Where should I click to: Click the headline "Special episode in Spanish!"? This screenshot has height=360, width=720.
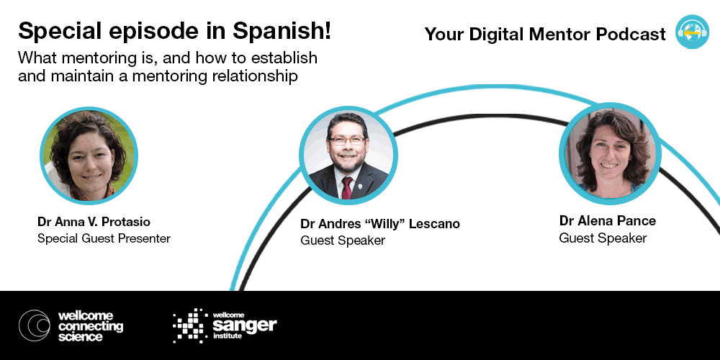[174, 32]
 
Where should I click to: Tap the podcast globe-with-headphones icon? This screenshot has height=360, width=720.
[692, 32]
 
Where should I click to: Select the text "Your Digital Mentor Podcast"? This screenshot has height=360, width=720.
[545, 35]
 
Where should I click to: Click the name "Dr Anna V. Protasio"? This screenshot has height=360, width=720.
[94, 222]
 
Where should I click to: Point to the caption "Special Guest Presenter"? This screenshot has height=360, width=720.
[104, 239]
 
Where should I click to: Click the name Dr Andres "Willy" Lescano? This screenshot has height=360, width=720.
[379, 224]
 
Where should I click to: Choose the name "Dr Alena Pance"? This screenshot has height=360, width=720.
[608, 221]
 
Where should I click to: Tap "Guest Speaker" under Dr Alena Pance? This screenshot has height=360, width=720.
[603, 238]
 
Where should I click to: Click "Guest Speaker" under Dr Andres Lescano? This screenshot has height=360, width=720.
[343, 240]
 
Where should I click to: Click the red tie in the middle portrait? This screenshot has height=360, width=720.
[347, 187]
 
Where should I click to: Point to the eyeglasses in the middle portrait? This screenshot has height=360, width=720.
[346, 141]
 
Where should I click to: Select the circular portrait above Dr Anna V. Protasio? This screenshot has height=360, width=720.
[89, 156]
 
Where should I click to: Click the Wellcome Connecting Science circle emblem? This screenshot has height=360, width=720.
[35, 325]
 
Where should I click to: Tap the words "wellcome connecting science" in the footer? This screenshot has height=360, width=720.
[91, 326]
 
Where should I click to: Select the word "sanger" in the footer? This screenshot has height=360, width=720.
[245, 326]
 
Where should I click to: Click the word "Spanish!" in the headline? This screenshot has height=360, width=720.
[282, 32]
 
